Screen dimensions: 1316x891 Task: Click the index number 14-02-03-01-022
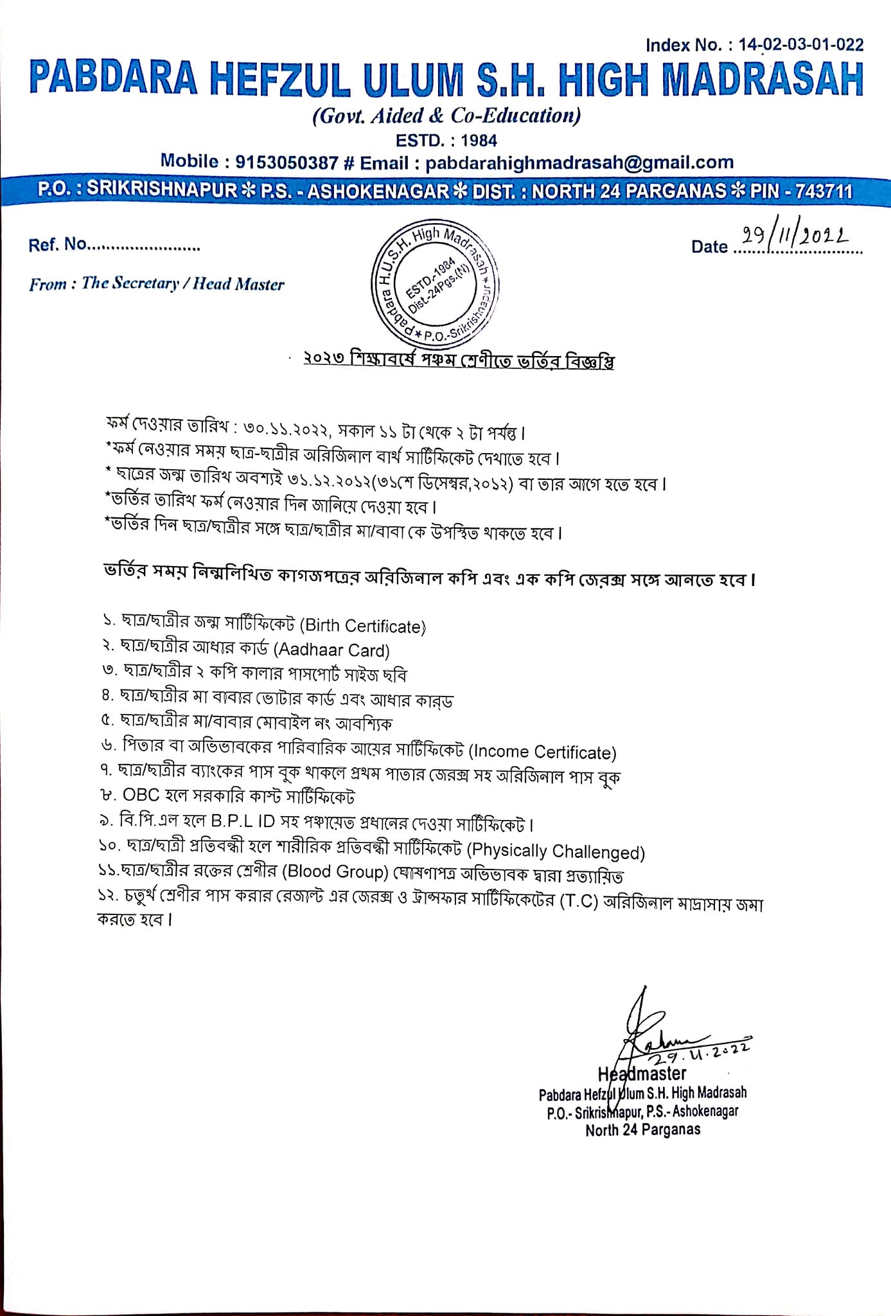pyautogui.click(x=800, y=45)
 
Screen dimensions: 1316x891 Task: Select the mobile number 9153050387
pyautogui.click(x=287, y=163)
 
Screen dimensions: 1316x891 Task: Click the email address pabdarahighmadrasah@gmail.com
pyautogui.click(x=579, y=163)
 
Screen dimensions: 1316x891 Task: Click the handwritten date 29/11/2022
pyautogui.click(x=795, y=238)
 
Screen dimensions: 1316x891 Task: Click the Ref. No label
pyautogui.click(x=57, y=245)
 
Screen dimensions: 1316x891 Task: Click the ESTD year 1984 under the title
pyautogui.click(x=479, y=140)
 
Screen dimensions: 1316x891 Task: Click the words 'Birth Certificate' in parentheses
pyautogui.click(x=364, y=626)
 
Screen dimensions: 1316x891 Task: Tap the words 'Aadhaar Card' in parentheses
pyautogui.click(x=332, y=651)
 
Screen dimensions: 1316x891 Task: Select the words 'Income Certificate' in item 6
pyautogui.click(x=543, y=752)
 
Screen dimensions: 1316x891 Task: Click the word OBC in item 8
pyautogui.click(x=141, y=796)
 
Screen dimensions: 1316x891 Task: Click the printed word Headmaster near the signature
pyautogui.click(x=642, y=1074)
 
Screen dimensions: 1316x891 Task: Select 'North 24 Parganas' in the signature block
pyautogui.click(x=642, y=1130)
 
